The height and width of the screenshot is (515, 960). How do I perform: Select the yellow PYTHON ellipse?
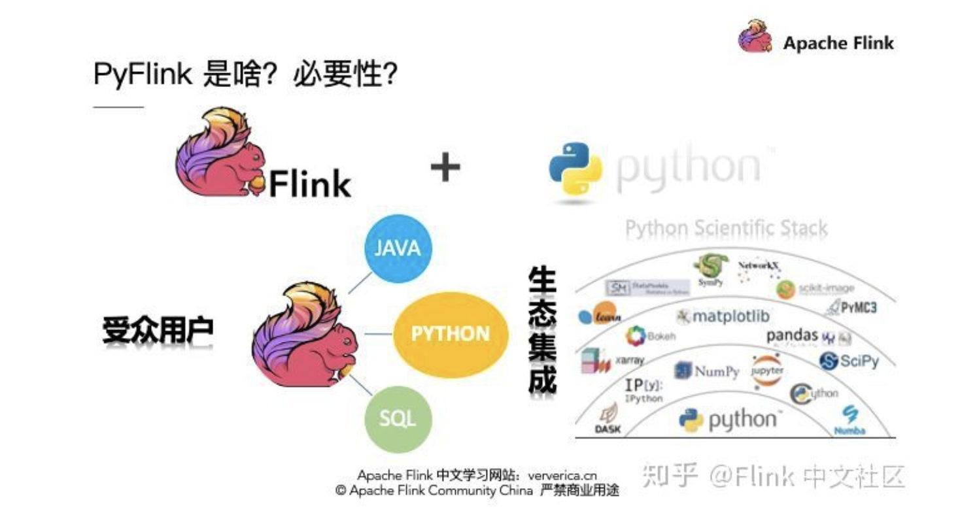[x=449, y=334]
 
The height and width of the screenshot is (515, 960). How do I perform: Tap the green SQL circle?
[x=398, y=418]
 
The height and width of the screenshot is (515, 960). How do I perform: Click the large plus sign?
[x=445, y=168]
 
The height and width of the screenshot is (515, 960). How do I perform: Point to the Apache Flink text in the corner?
[x=838, y=44]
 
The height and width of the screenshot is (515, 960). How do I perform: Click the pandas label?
[x=793, y=335]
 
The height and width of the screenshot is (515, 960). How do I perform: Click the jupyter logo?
[x=767, y=371]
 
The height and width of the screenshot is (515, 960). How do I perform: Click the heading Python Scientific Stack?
[x=726, y=229]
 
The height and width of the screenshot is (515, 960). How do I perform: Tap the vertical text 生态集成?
[x=542, y=331]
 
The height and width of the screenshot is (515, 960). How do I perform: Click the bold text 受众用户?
[x=158, y=331]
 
